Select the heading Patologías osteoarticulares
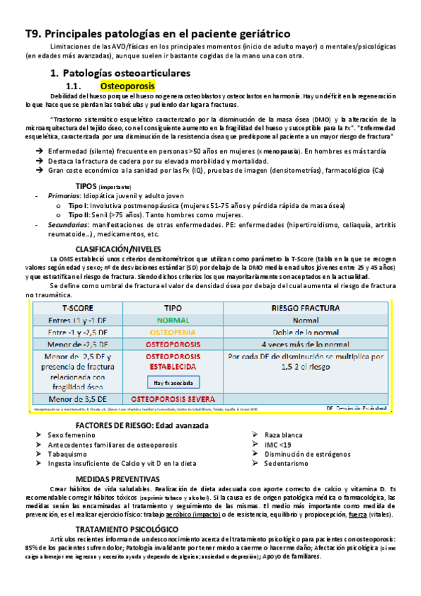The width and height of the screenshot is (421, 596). click(126, 72)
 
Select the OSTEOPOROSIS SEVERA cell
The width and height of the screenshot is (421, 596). click(174, 399)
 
